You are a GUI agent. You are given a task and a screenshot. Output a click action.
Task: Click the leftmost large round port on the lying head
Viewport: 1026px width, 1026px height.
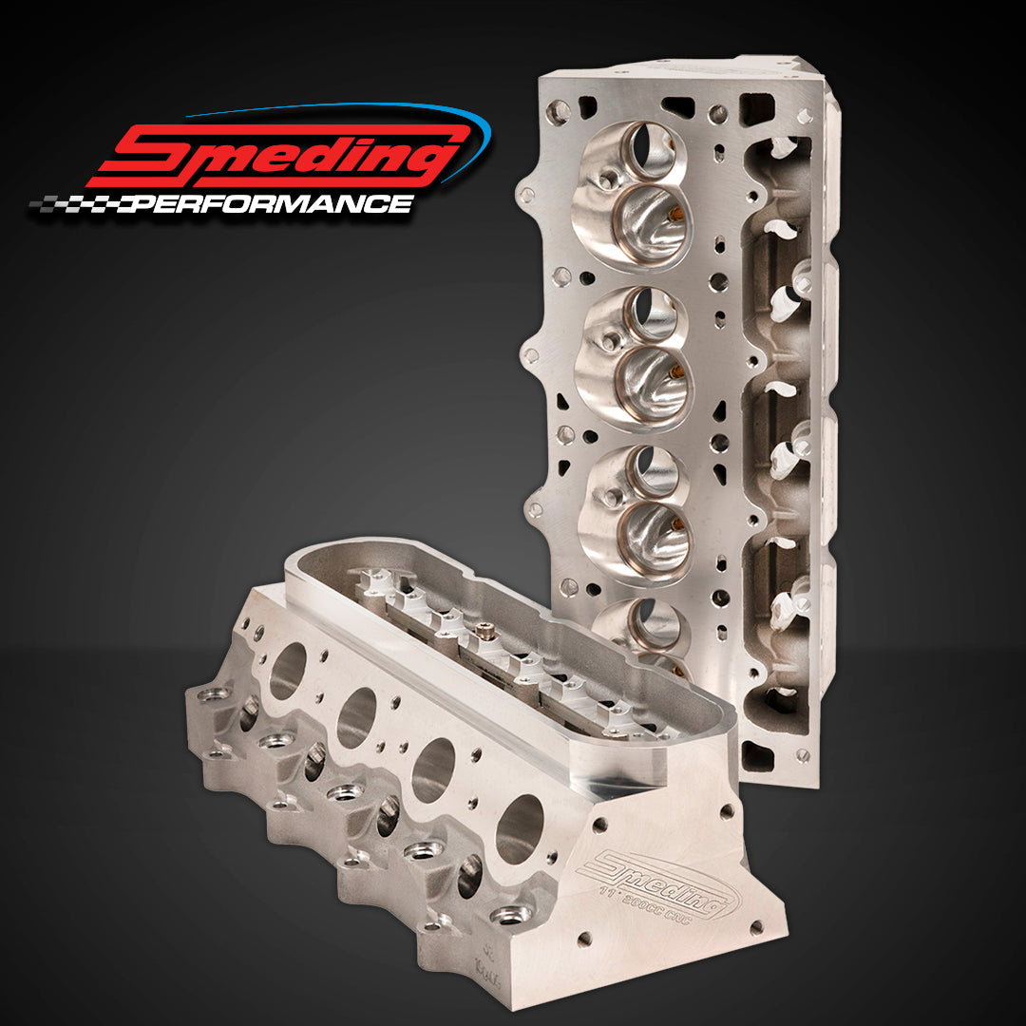[x=287, y=671]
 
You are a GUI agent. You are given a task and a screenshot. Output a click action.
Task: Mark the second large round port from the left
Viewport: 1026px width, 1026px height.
[x=358, y=717]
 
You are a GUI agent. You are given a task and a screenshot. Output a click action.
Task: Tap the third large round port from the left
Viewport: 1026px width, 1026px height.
[x=434, y=769]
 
